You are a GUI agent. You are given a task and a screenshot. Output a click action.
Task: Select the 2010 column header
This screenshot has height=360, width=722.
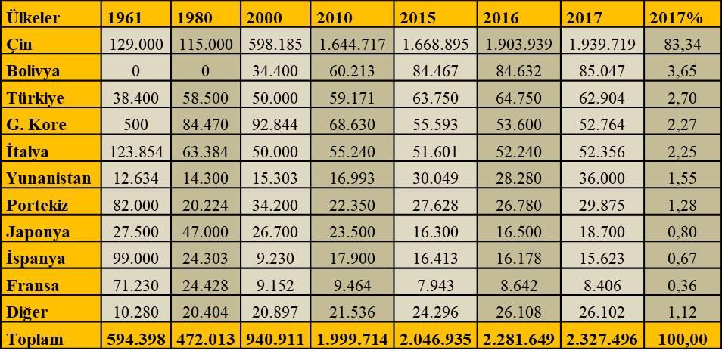coord(335,17)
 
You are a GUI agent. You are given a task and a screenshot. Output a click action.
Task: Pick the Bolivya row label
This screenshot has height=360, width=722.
coord(33,72)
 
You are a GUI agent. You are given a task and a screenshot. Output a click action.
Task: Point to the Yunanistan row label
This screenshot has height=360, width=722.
coord(48,178)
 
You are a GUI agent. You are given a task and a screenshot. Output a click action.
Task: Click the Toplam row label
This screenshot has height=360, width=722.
coord(35,340)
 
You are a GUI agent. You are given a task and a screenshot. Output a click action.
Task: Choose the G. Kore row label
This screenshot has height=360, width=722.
coord(36,125)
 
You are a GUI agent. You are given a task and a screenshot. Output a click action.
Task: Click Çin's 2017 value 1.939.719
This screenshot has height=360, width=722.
coord(602,45)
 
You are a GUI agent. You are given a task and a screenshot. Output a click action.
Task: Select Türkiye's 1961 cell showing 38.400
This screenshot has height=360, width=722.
coord(136,98)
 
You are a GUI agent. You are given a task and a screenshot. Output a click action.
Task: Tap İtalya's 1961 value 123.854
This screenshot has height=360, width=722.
coord(136,152)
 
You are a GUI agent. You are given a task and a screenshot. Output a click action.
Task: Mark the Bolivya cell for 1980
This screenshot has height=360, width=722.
coord(205,72)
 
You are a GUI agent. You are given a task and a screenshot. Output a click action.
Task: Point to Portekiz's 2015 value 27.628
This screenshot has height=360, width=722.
coord(436,205)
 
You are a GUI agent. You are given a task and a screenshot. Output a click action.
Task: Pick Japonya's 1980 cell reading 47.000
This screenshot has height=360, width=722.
coord(205,232)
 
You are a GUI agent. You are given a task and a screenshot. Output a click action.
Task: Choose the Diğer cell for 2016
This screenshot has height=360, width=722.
coord(519,312)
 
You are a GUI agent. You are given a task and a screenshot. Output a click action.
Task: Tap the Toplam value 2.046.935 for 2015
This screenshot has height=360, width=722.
coord(436,340)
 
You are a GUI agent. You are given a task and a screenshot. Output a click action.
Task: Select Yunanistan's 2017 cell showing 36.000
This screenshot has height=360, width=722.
coord(602,178)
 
